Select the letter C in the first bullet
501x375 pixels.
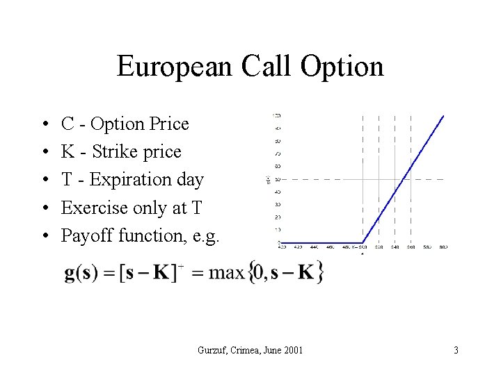point(68,124)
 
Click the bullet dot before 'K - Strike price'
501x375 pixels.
point(45,153)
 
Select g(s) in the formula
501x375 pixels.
point(81,272)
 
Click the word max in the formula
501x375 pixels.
point(226,272)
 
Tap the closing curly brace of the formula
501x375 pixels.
point(319,272)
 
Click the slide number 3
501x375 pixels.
point(456,350)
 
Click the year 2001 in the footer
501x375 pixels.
point(292,350)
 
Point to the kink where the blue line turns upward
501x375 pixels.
point(363,242)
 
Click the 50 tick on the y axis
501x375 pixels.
point(278,180)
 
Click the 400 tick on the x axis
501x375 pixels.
point(281,247)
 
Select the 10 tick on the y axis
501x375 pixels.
point(278,230)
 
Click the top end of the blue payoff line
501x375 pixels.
point(443,115)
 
